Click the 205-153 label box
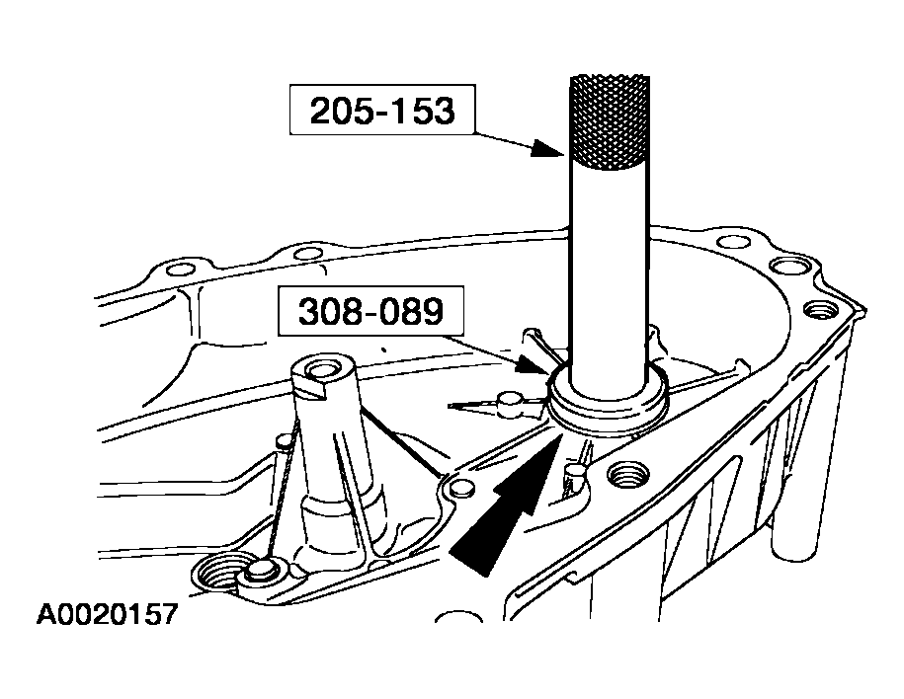382,110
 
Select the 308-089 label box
370,311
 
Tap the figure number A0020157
108,614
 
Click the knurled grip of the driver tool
610,122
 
